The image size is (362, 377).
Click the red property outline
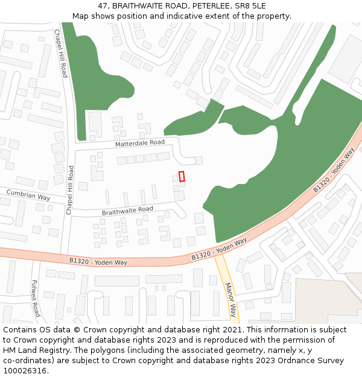[x=182, y=176]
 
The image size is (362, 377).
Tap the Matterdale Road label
[x=140, y=143]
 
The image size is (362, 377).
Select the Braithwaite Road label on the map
[x=127, y=211]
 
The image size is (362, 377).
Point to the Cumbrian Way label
[x=28, y=195]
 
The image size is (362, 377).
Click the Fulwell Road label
[x=36, y=298]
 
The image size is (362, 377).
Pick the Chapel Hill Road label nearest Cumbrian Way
[x=70, y=190]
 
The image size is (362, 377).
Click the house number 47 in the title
[x=103, y=5]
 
